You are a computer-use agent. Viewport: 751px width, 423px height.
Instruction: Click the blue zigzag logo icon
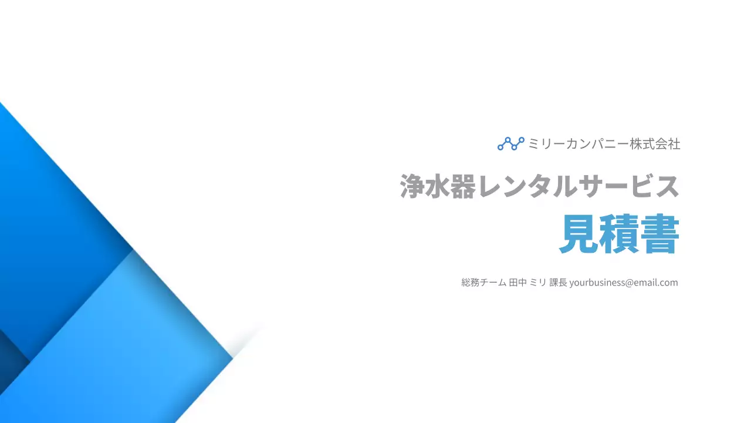[510, 143]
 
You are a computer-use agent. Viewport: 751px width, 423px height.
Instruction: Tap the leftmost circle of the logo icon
[500, 147]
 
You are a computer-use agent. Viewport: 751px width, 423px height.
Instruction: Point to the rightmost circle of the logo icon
[522, 140]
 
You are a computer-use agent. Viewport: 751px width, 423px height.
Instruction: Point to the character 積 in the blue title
[620, 234]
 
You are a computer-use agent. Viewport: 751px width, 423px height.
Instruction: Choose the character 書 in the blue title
[659, 234]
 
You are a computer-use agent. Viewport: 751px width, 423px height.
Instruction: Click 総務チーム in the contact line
[483, 283]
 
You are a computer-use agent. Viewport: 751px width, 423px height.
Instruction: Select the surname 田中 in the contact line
[517, 283]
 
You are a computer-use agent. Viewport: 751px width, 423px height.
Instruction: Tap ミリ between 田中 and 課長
[537, 283]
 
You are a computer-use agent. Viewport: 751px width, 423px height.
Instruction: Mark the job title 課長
[558, 283]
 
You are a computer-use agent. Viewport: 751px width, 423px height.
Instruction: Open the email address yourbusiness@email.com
[623, 283]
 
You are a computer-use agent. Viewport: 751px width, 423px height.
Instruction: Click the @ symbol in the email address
[630, 283]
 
